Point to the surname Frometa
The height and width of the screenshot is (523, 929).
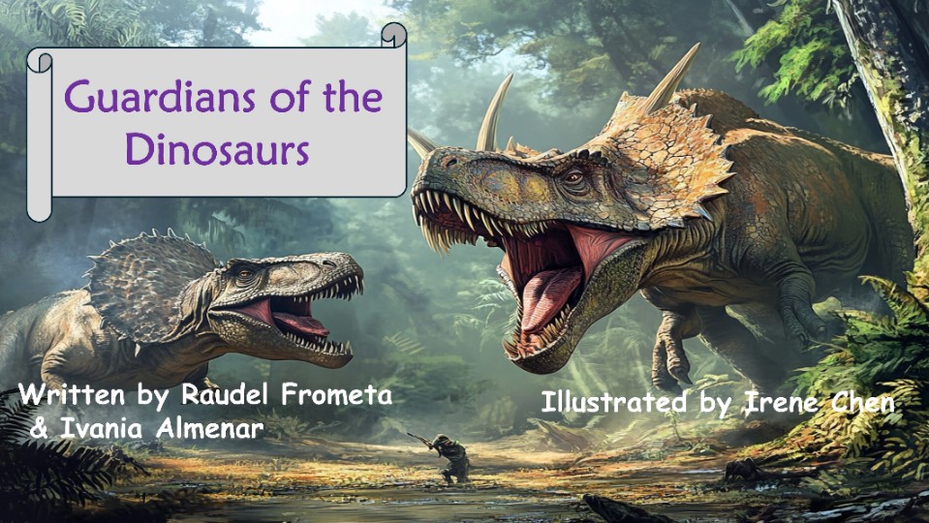click(336, 394)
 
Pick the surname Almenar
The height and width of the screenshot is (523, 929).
click(210, 428)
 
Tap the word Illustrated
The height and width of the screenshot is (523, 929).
click(614, 402)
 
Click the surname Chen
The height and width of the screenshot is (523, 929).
click(858, 403)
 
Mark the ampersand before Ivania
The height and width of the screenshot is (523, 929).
click(39, 429)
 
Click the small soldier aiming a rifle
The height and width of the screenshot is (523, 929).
click(448, 457)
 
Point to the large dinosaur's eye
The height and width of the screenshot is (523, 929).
click(573, 177)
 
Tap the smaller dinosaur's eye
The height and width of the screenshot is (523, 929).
click(244, 274)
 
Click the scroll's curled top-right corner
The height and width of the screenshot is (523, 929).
click(394, 34)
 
